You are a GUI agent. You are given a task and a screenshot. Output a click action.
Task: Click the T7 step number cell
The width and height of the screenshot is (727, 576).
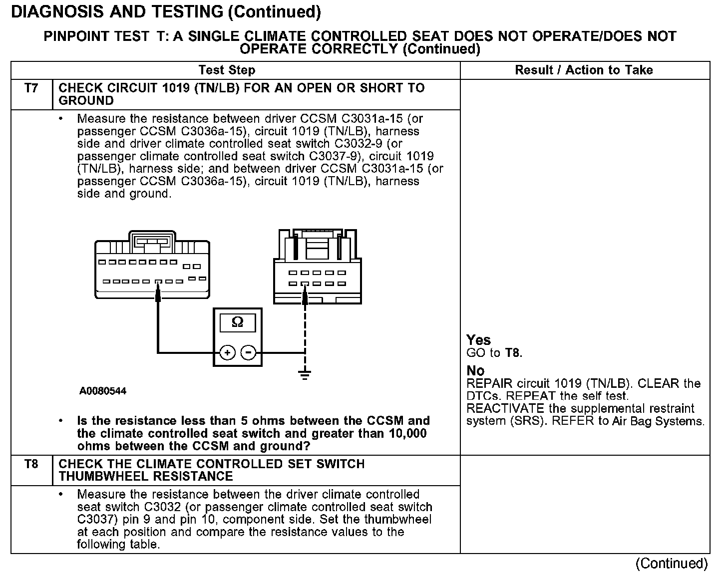[x=31, y=89]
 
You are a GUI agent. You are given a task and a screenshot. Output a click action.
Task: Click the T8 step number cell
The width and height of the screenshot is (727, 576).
[x=31, y=465]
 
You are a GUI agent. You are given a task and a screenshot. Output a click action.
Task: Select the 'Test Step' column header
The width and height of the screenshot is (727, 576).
[x=227, y=70]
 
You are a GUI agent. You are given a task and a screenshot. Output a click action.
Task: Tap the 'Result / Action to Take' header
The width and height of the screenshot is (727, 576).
[x=584, y=70]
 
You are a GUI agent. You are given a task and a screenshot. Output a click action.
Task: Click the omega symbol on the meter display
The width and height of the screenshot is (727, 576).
[x=238, y=322]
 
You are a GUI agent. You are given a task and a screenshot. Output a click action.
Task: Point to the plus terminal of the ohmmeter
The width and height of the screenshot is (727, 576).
[x=227, y=353]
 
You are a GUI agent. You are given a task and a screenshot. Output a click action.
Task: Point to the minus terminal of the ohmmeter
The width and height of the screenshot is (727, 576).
[x=248, y=353]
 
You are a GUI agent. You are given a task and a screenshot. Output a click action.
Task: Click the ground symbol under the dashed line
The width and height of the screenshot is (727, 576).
[x=305, y=374]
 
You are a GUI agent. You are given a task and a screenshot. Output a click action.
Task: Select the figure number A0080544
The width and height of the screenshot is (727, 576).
[x=103, y=391]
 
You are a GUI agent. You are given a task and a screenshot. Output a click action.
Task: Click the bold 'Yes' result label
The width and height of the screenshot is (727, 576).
[x=478, y=340]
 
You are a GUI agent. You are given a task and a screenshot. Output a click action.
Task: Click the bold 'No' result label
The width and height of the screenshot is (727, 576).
[x=475, y=371]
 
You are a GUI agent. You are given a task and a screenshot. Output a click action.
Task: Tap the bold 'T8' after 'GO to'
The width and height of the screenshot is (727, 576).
[x=513, y=353]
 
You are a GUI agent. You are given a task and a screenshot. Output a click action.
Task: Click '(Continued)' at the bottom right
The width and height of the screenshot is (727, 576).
[x=671, y=564]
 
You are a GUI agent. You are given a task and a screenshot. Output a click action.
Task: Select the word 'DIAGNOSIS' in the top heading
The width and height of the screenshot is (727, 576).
[x=53, y=11]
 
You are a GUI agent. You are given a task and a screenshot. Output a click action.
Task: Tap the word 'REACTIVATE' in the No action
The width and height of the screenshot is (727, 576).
[x=502, y=409]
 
